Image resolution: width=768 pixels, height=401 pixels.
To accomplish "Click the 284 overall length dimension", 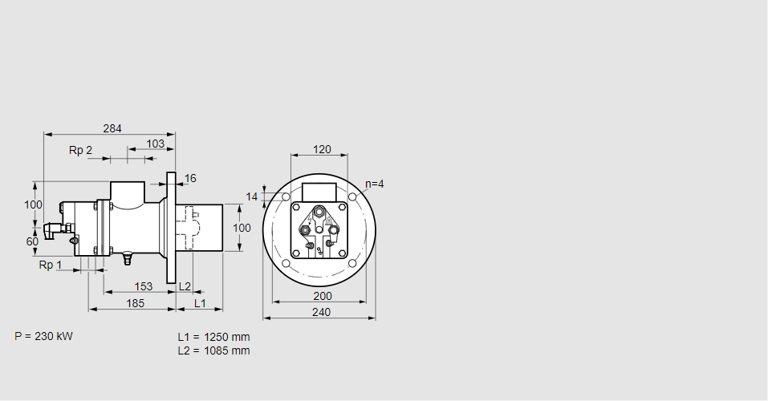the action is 112,128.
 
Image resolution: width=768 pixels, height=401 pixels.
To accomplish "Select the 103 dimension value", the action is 155,144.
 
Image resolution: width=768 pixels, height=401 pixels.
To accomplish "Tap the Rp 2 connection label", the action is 80,150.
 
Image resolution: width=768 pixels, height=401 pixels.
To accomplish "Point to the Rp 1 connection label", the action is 51,265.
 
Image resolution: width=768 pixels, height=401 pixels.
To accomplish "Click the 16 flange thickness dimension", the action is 190,178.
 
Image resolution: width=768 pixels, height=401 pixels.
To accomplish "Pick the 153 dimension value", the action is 143,286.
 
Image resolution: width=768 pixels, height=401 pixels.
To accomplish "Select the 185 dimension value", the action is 135,304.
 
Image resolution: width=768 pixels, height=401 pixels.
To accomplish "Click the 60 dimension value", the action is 32,242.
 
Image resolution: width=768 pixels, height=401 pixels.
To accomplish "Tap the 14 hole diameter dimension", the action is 251,196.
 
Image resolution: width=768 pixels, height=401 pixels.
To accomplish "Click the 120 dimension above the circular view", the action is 322,149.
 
